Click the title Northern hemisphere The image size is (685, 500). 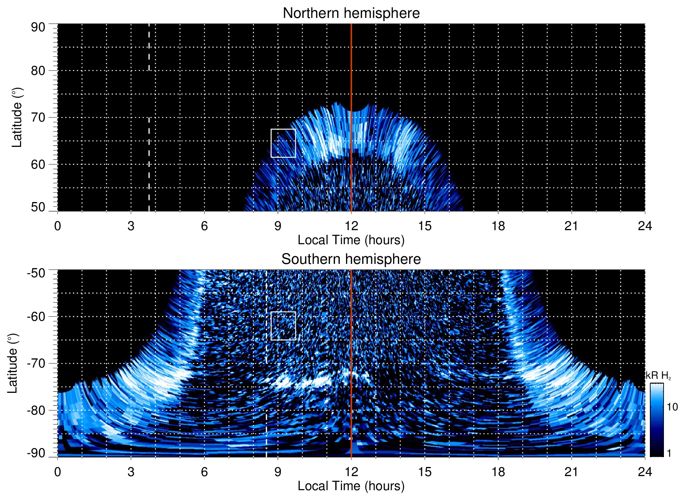[351, 13]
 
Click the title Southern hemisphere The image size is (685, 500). [351, 259]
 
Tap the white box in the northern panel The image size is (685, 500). [283, 143]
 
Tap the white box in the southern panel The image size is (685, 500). [283, 326]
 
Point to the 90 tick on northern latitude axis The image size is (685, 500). [38, 27]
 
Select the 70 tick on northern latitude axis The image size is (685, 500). [38, 117]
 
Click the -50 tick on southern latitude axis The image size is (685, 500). [36, 273]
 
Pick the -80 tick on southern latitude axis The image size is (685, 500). [36, 410]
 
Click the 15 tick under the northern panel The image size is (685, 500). [425, 226]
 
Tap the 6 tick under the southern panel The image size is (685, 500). [204, 472]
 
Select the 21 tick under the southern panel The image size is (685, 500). [572, 472]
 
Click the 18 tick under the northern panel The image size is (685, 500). [498, 226]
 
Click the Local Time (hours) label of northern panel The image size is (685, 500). [351, 240]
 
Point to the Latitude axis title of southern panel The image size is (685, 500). [12, 363]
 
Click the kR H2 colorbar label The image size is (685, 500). [658, 376]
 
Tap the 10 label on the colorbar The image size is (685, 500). [672, 407]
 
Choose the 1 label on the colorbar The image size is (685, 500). [669, 453]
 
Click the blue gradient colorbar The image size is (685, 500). [657, 420]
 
